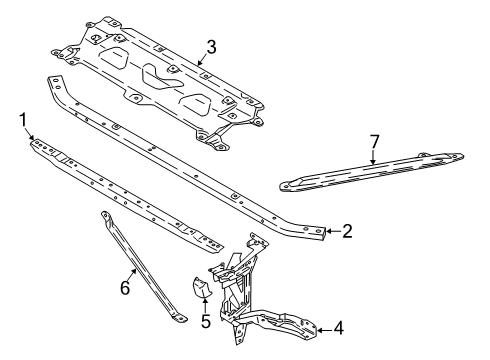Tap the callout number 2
tap(347, 231)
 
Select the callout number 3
tap(211, 46)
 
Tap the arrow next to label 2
tap(331, 231)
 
